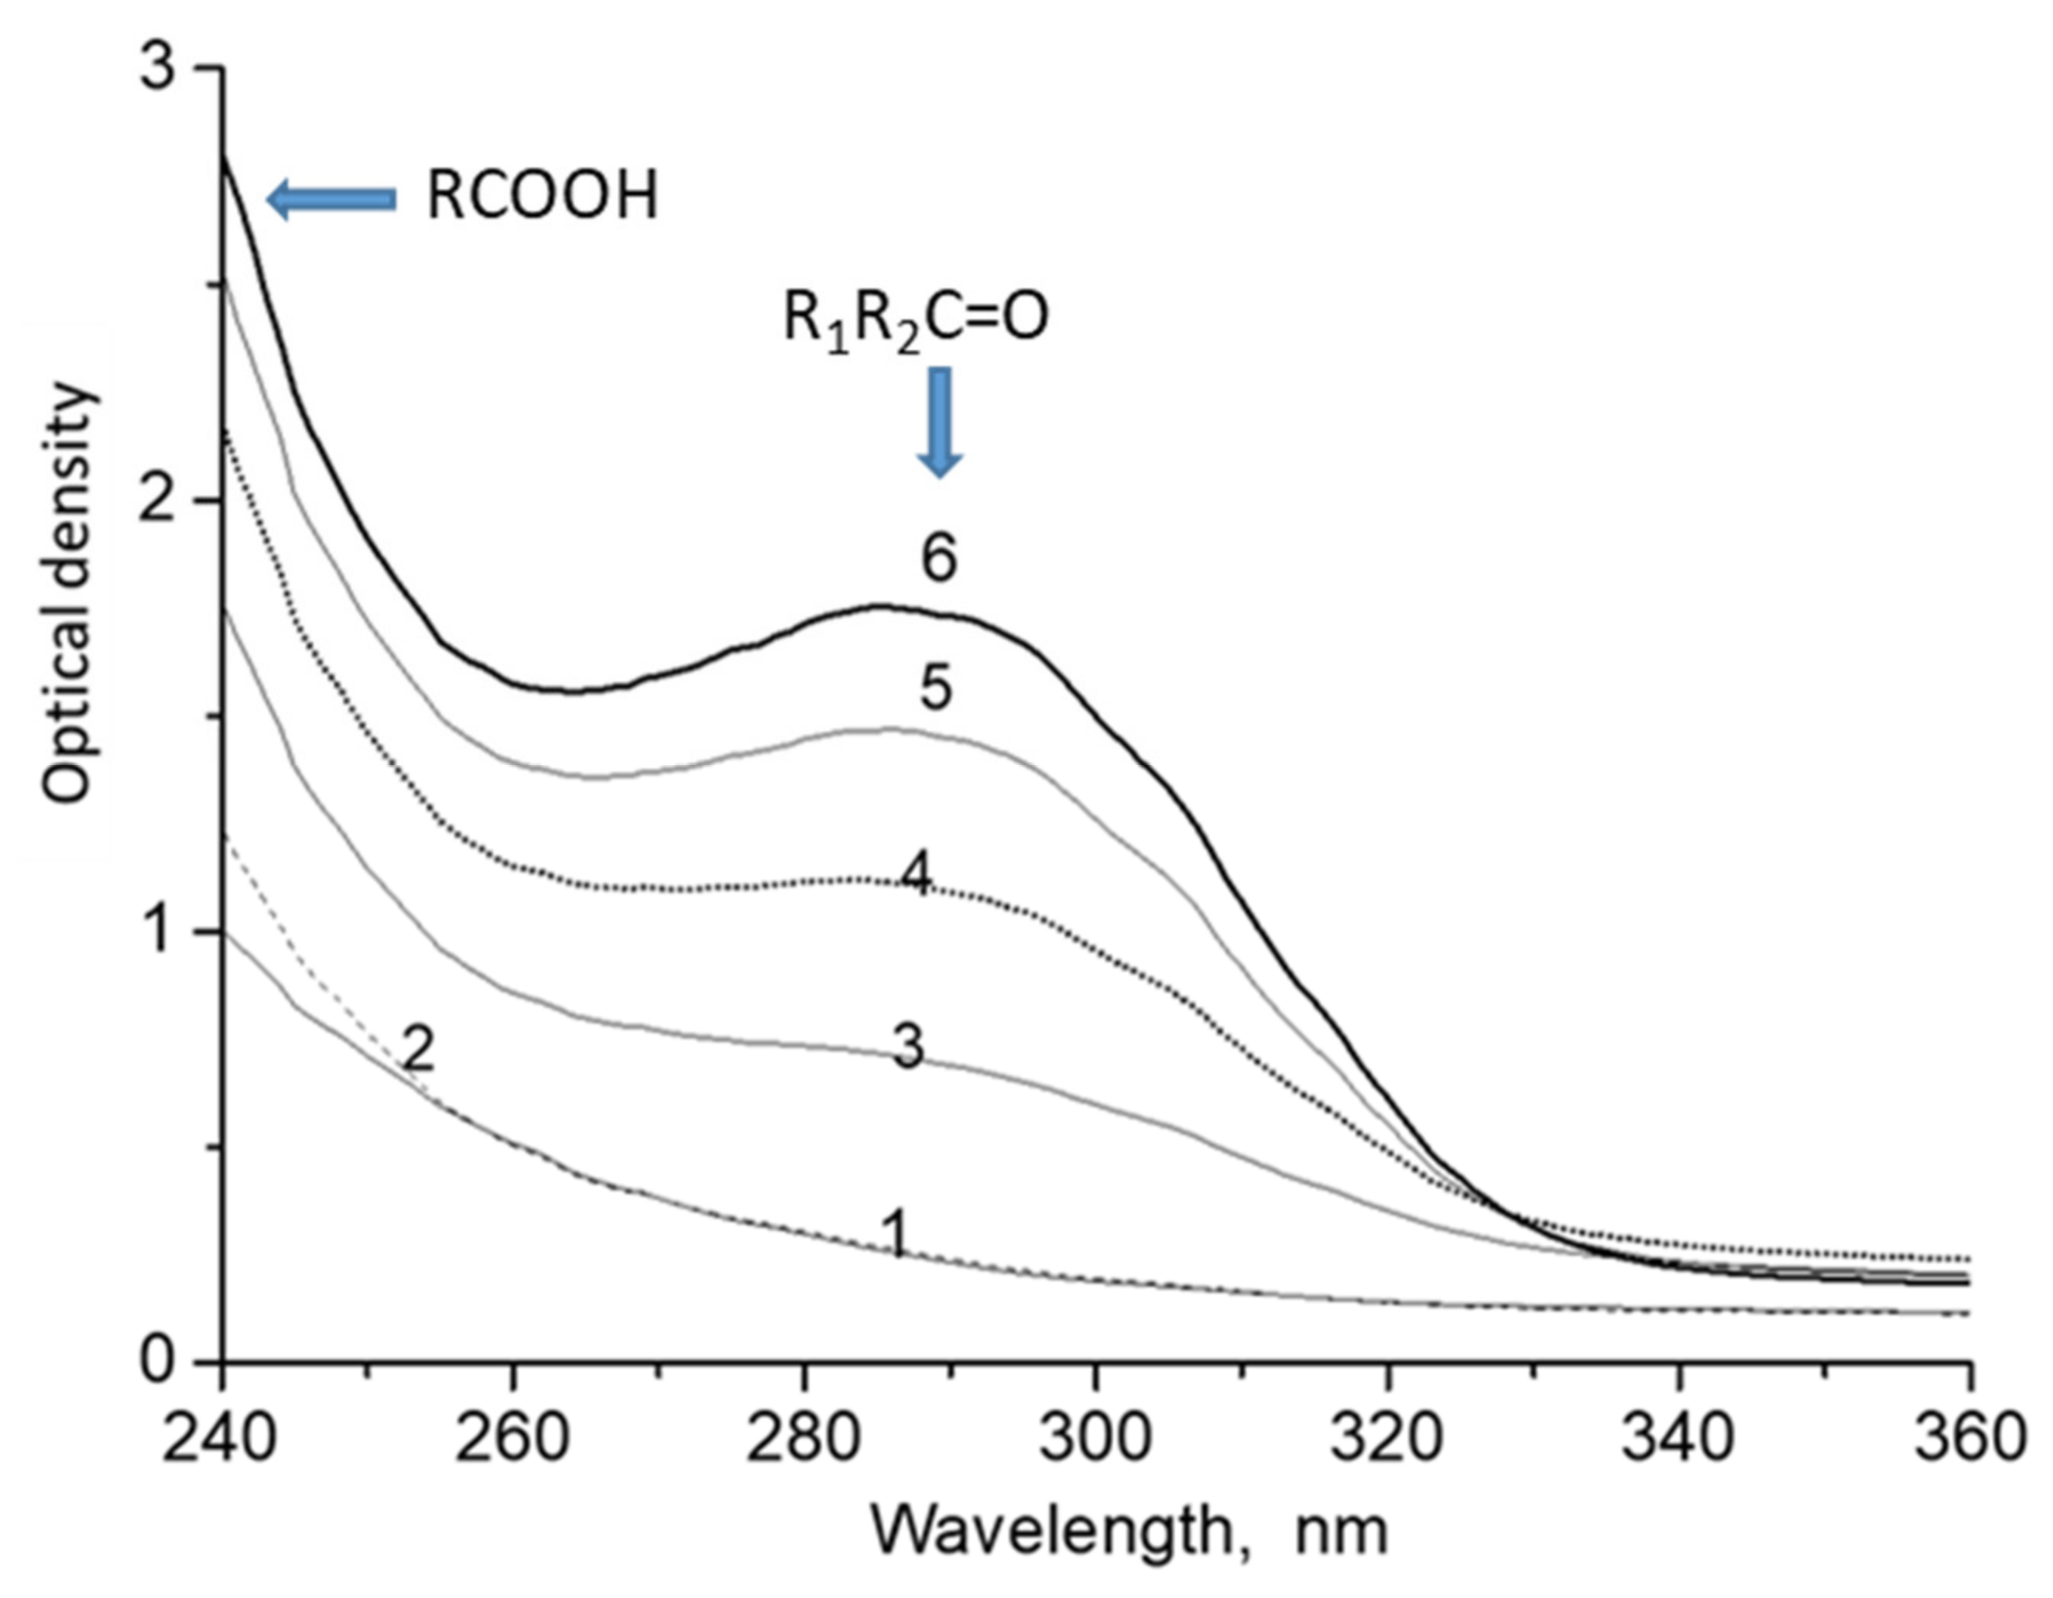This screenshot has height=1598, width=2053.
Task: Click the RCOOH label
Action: tap(543, 198)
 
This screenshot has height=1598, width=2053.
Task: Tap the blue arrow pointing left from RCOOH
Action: tap(331, 199)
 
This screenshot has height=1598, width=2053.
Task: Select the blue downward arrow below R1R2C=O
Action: tap(939, 420)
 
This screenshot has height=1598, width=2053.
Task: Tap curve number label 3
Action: tap(908, 1048)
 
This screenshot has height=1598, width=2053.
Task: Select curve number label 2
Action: tap(417, 1050)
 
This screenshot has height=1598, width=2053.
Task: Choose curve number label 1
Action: tap(898, 1233)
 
